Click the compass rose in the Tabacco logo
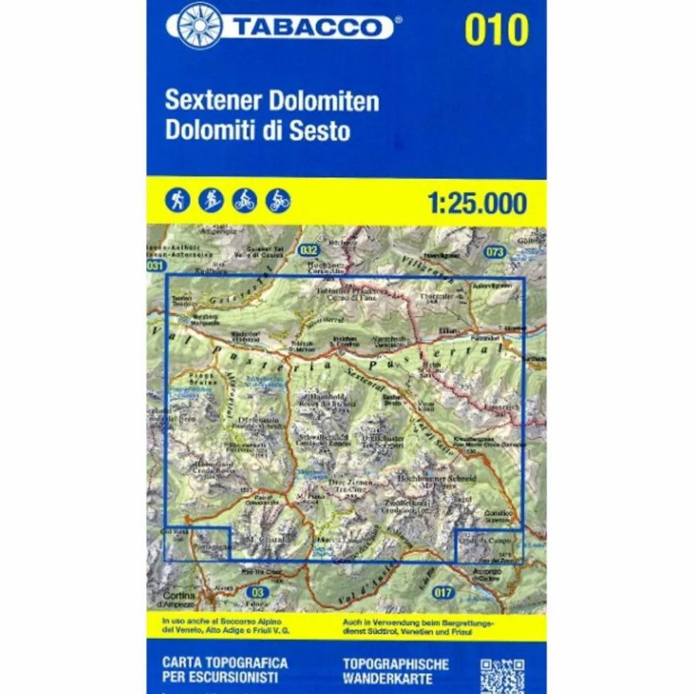click(x=199, y=26)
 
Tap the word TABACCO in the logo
click(x=305, y=28)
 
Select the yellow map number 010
click(x=496, y=30)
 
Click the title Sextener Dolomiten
click(x=272, y=101)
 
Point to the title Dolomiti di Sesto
click(x=257, y=131)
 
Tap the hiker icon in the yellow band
click(x=177, y=201)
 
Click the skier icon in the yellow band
click(x=210, y=201)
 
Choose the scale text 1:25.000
click(x=477, y=203)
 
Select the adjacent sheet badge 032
click(x=308, y=249)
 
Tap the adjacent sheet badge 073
click(x=496, y=252)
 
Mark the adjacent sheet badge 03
click(x=260, y=592)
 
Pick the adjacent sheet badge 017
click(x=442, y=592)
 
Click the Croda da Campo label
click(x=480, y=540)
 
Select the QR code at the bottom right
click(x=501, y=676)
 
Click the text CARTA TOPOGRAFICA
click(x=224, y=663)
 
